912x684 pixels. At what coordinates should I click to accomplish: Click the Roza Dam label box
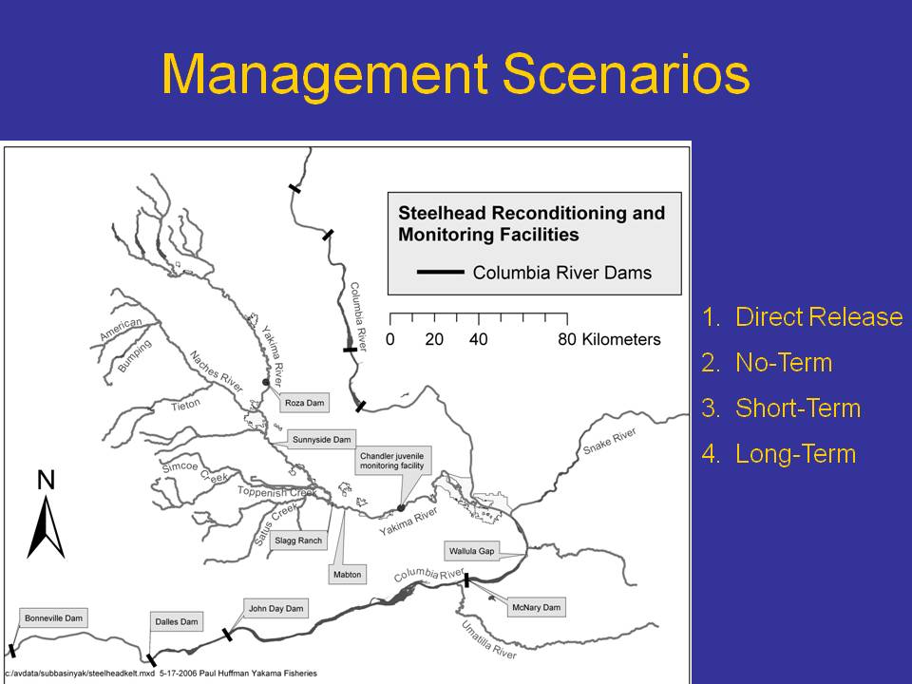pos(305,403)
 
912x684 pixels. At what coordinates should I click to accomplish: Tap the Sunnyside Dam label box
pos(322,439)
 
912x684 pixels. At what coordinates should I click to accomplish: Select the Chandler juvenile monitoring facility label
pos(392,462)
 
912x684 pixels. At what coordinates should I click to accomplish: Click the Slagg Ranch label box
pos(298,541)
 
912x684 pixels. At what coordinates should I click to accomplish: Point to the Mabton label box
pos(348,574)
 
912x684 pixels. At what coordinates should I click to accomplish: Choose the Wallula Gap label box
pos(472,551)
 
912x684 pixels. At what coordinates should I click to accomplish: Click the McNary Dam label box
pos(536,607)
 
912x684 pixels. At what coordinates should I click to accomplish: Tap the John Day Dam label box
pos(276,608)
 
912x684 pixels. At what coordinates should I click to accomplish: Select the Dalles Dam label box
pos(177,621)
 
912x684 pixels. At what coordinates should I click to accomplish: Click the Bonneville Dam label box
pos(53,617)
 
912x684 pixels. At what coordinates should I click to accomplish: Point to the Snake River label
pos(610,442)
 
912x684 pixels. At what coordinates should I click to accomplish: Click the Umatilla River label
pos(488,640)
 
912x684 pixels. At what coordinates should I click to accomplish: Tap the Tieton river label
pos(185,405)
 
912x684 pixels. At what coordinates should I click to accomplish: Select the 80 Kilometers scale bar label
pos(609,339)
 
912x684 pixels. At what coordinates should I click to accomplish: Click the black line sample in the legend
pos(440,272)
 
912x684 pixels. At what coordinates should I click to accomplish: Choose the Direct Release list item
pos(802,317)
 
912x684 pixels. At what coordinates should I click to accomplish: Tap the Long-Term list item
pos(779,454)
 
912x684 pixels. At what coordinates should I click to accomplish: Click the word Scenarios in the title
pos(626,74)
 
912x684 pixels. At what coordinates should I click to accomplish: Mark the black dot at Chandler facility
pos(401,508)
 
